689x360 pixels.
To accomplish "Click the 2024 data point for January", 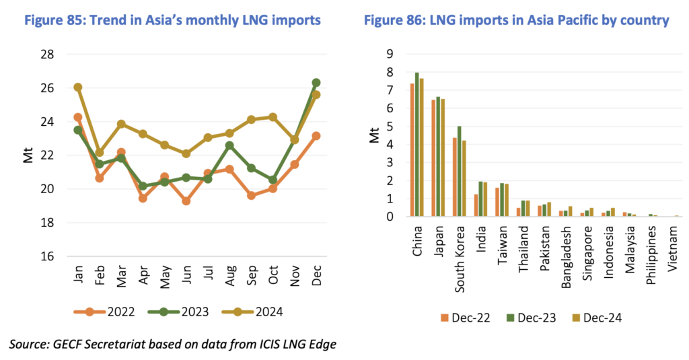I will tap(78, 87).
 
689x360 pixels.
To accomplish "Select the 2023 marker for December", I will tap(316, 83).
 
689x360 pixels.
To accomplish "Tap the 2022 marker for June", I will tap(186, 201).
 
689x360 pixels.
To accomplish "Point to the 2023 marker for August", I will tap(229, 145).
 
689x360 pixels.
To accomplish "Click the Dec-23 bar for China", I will tap(417, 145).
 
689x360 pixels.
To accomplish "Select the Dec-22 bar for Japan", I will tap(433, 158).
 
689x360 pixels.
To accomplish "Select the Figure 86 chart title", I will tap(516, 21).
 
